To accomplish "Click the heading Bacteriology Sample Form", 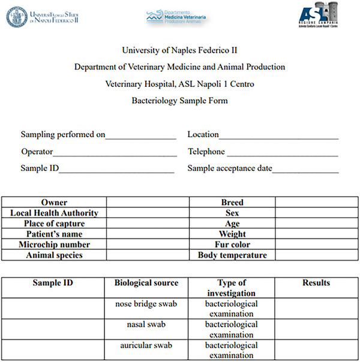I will click(179, 101).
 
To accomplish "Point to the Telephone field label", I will click(206, 152).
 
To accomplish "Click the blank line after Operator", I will click(115, 153).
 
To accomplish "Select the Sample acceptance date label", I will click(230, 168).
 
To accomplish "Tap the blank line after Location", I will click(278, 136).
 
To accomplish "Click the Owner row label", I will click(54, 203).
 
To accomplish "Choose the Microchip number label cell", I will click(54, 245).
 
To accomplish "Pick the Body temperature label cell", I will click(232, 255).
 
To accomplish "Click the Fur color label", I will click(232, 245).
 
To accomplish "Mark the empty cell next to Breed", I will click(316, 203).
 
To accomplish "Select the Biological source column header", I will click(146, 283).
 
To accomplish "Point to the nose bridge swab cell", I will click(146, 304).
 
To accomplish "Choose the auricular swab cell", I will click(146, 345).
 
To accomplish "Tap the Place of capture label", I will click(54, 224).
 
